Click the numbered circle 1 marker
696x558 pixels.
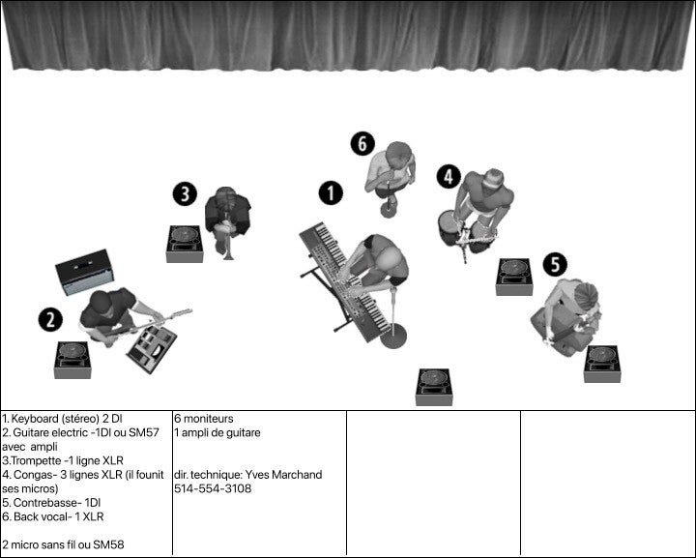point(331,192)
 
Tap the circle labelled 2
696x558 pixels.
point(50,320)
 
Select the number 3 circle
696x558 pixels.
point(186,193)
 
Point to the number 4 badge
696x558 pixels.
point(448,176)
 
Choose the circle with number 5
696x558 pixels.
point(554,264)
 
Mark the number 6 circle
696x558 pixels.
point(362,144)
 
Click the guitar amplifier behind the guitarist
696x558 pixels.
point(83,272)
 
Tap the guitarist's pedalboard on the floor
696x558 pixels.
point(152,346)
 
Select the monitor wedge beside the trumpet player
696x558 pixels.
point(184,244)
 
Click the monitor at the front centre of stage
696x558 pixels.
point(434,387)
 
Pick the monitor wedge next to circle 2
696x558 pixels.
point(72,360)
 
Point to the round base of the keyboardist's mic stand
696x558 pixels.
point(392,340)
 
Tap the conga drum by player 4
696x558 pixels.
point(448,230)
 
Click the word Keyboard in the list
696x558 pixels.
point(35,419)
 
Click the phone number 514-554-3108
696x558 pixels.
point(213,489)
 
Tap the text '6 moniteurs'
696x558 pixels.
point(204,419)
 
